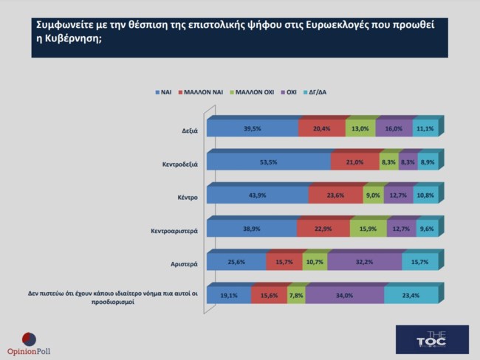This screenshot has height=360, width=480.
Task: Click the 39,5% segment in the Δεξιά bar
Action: [x=253, y=129]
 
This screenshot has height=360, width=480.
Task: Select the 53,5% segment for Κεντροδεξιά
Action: [x=269, y=162]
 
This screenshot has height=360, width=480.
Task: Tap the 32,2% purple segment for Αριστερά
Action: [x=364, y=262]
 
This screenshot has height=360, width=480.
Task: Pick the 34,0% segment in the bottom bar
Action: [x=344, y=295]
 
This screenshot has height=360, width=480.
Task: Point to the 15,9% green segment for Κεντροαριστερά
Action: [x=368, y=229]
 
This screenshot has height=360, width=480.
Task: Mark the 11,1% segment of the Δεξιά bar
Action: [x=425, y=129]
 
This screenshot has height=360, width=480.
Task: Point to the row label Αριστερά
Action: [x=182, y=263]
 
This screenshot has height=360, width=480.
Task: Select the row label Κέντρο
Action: [x=185, y=196]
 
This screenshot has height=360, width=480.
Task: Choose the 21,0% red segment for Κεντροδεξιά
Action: [x=354, y=162]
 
